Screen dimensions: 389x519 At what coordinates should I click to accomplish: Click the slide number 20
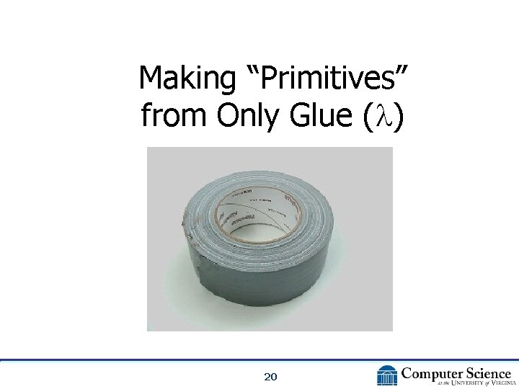tap(271, 377)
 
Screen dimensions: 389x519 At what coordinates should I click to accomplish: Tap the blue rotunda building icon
tap(387, 375)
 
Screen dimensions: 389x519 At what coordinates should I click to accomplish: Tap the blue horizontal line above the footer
tap(259, 359)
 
